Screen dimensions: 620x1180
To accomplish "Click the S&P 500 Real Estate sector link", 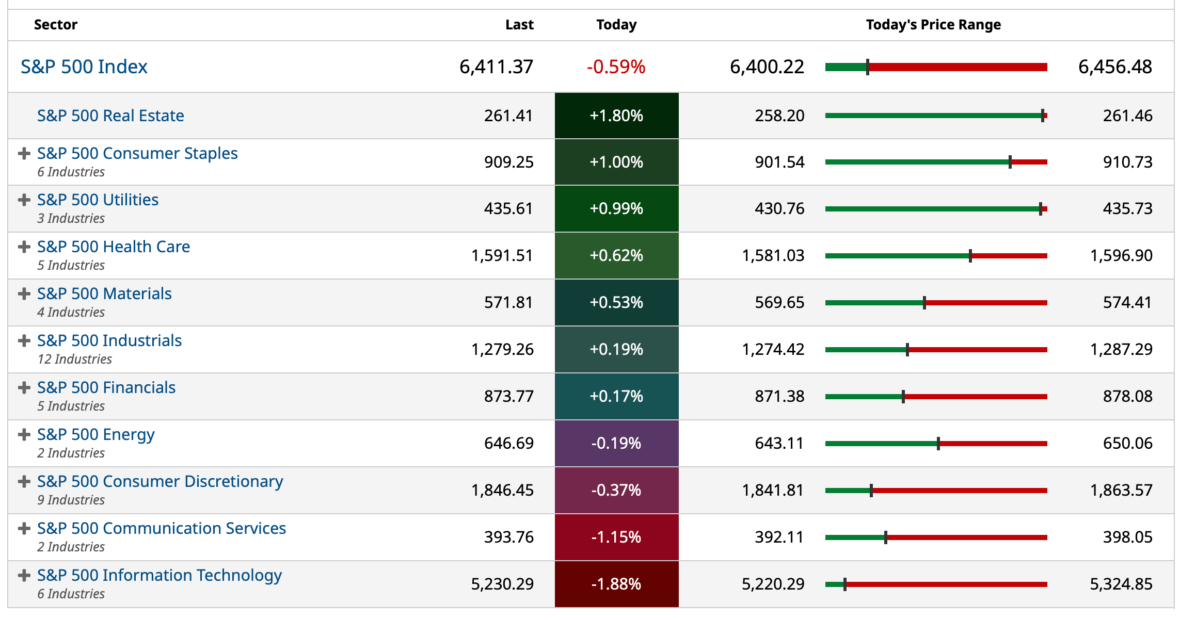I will click(110, 116).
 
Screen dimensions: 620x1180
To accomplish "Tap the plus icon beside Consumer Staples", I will click(24, 154).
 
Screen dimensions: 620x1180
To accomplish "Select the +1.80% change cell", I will click(616, 116).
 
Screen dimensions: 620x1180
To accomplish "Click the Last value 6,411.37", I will click(496, 67).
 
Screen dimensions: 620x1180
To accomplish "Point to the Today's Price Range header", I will click(933, 25).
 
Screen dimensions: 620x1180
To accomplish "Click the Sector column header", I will click(56, 25).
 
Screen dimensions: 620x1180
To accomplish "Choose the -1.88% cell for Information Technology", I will click(616, 584).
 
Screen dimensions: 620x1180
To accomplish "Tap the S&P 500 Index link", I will click(84, 67).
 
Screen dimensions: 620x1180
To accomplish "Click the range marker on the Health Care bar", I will click(970, 256).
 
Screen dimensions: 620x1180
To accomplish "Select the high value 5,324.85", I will click(1121, 584).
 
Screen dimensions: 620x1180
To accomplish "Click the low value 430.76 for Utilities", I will click(779, 208).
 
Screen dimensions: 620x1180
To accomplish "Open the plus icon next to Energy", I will click(24, 435).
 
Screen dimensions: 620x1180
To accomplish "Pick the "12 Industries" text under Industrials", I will click(75, 359).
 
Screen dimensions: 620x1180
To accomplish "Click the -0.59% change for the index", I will click(616, 67).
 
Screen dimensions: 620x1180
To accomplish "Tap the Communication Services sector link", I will click(162, 528).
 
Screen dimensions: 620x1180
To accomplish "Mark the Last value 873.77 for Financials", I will click(508, 396).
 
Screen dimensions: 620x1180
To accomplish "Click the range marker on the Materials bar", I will click(924, 303).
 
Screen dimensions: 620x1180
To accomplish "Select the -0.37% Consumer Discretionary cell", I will click(616, 490).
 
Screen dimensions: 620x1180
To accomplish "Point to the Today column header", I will click(616, 25).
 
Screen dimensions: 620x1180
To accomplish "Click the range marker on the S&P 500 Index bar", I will click(868, 67).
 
